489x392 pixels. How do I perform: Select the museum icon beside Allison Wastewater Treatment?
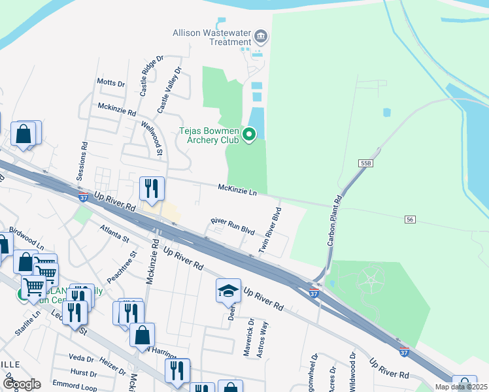click(260, 36)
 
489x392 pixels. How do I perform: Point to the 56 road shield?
click(410, 219)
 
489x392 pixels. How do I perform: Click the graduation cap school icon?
click(228, 289)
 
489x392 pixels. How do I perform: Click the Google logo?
click(22, 384)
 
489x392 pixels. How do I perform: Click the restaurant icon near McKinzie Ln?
click(152, 188)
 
